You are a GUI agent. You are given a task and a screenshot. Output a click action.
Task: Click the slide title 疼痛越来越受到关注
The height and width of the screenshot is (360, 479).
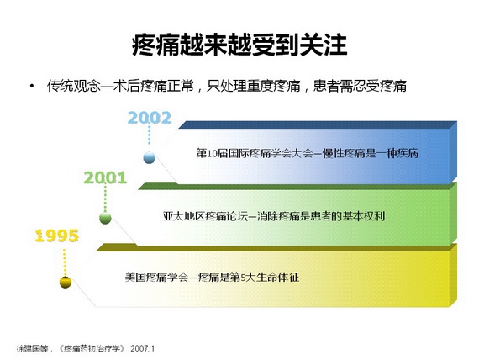click(239, 45)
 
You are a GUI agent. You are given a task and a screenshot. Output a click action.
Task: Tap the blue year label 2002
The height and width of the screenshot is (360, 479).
click(150, 118)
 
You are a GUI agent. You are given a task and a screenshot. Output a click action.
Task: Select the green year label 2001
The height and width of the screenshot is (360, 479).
click(105, 177)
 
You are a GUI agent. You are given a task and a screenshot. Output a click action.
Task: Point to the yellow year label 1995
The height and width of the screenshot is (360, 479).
click(57, 236)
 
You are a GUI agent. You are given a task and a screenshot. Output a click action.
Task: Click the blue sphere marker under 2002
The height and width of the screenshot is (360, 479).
click(149, 157)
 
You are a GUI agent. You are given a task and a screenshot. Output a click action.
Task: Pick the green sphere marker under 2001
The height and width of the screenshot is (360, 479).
click(105, 218)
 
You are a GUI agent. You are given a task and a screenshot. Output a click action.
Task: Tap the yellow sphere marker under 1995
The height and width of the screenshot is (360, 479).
click(65, 282)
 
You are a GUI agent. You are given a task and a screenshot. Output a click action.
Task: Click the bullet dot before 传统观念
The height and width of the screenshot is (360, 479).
click(32, 86)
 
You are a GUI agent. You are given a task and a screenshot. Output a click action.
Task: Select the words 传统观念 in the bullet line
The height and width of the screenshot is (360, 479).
click(73, 86)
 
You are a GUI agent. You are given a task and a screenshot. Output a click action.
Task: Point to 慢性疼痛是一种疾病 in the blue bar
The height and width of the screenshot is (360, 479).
click(371, 153)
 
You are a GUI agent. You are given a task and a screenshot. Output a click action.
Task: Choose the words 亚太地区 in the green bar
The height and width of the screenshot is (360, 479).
click(183, 216)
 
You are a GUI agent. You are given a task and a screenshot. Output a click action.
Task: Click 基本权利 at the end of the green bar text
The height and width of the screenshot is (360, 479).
click(363, 216)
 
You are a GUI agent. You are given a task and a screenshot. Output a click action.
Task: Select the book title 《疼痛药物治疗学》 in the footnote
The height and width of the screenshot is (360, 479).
click(92, 348)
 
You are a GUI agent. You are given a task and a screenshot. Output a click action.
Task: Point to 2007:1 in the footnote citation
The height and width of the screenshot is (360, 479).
click(142, 348)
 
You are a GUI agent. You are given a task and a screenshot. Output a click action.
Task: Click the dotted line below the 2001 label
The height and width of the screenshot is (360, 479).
click(105, 199)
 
